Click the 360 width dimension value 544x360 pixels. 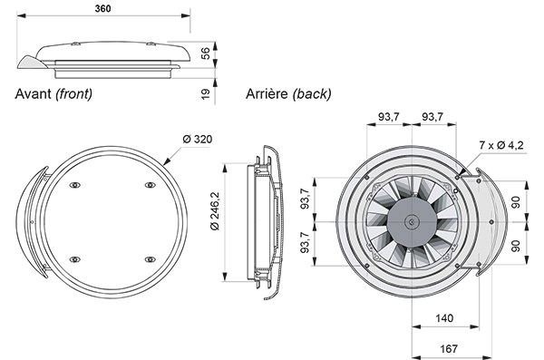point(103,8)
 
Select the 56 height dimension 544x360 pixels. point(206,54)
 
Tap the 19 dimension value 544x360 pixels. point(206,93)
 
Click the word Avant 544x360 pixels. point(33,93)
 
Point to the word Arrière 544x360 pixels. point(267,93)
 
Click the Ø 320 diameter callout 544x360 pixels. point(197,140)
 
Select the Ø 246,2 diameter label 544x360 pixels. point(215,210)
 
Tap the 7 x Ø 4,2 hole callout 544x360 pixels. point(501,145)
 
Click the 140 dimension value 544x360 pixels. point(444,318)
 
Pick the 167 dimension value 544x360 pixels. point(449,348)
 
